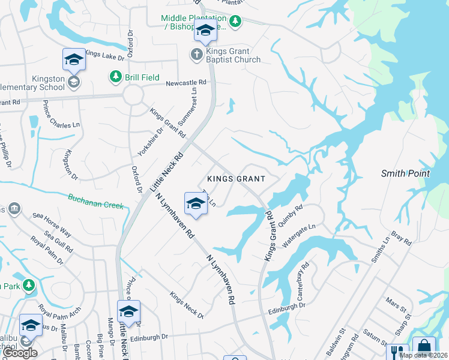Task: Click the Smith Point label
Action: point(406,173)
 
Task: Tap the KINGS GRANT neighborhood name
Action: point(236,179)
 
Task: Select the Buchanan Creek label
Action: point(95,202)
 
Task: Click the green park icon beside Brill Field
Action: point(115,76)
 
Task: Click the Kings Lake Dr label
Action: point(104,56)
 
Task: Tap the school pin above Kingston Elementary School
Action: point(74,60)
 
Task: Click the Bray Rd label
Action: point(402,238)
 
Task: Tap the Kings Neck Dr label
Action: point(187,305)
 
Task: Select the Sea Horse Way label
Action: point(52,224)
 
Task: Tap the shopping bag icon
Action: point(424,348)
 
